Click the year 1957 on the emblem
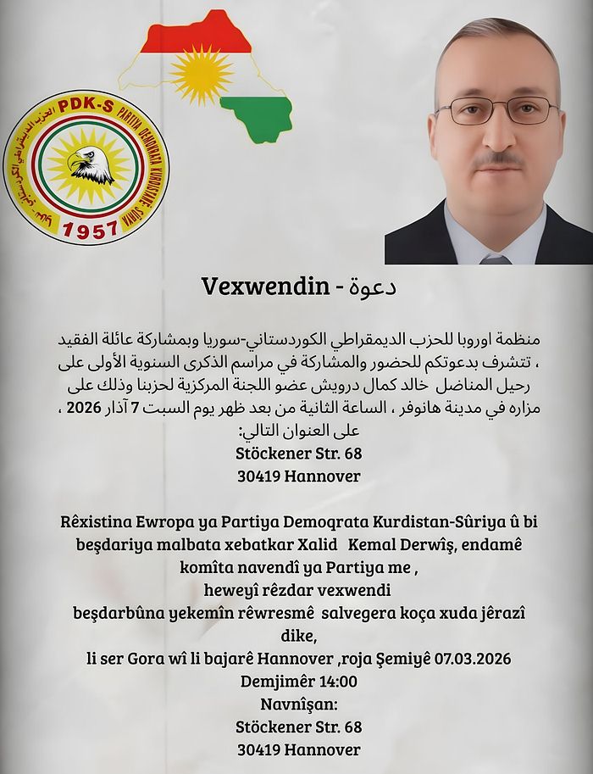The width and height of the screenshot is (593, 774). point(90,230)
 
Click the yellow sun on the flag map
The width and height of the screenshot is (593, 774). point(201,74)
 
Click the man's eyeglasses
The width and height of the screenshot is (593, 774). point(497,109)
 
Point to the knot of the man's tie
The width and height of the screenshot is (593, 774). point(496,259)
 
